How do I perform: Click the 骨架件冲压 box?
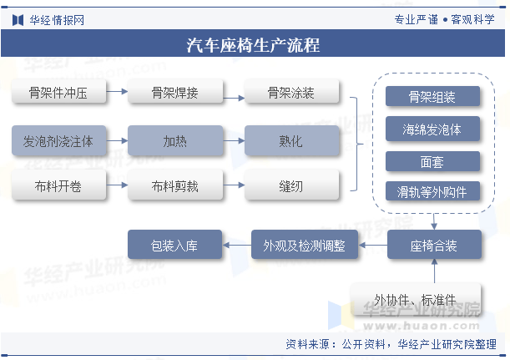[59, 92]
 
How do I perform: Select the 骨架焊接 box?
[175, 92]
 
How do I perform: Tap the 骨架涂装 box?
[291, 92]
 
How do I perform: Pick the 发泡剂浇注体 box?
[59, 140]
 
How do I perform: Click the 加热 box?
[175, 140]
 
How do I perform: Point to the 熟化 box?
[291, 140]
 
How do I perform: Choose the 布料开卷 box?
[59, 185]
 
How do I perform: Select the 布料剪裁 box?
[175, 185]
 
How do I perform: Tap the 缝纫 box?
[291, 185]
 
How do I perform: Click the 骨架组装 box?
[432, 96]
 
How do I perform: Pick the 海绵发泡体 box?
[432, 129]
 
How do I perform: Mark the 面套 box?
[432, 161]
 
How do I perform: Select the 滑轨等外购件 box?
[432, 191]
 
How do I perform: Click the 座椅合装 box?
[434, 245]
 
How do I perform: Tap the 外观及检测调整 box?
[305, 245]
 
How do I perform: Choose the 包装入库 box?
[174, 245]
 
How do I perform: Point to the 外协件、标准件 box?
[416, 300]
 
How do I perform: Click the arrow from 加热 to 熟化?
[234, 140]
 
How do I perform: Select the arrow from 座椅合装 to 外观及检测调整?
[373, 245]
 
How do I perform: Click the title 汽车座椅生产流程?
[253, 44]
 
